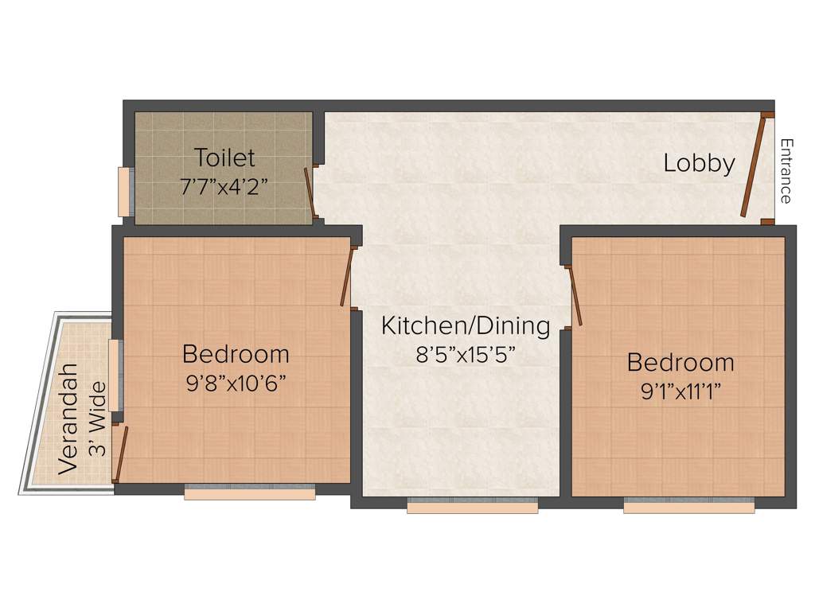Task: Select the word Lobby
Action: click(x=700, y=163)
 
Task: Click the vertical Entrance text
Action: click(x=786, y=171)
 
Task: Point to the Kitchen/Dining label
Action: click(x=466, y=325)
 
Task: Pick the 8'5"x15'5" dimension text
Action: click(x=466, y=354)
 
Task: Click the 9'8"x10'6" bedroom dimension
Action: click(x=236, y=383)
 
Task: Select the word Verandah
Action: click(x=69, y=418)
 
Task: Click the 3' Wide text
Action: click(x=97, y=418)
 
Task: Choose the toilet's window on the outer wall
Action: click(x=123, y=192)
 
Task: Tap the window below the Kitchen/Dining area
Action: click(x=473, y=505)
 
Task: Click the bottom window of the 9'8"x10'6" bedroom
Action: click(x=250, y=492)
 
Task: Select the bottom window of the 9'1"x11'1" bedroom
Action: click(x=688, y=505)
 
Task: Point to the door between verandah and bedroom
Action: click(x=119, y=453)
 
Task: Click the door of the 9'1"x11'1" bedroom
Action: click(x=575, y=297)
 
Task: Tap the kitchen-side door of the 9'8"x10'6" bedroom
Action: click(x=346, y=276)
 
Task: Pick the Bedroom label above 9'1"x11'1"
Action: click(x=680, y=363)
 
